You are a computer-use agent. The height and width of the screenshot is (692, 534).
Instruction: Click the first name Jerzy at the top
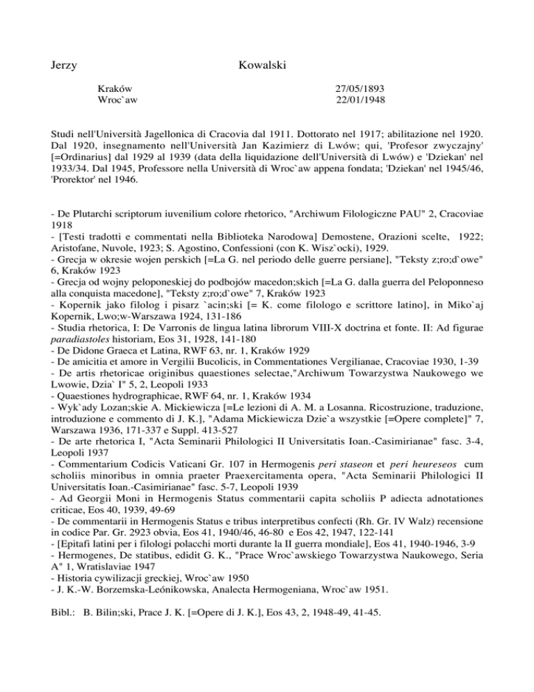(x=64, y=66)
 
